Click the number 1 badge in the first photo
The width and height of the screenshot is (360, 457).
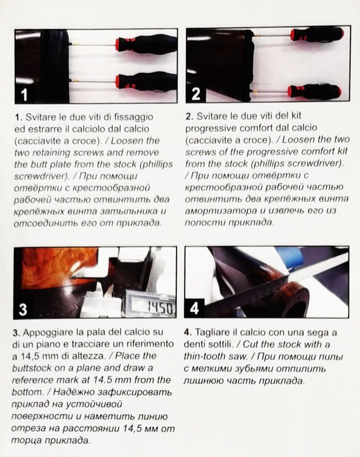pyautogui.click(x=24, y=95)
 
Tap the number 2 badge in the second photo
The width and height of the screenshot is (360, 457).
pyautogui.click(x=196, y=94)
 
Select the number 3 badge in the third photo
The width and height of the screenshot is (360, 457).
pyautogui.click(x=23, y=309)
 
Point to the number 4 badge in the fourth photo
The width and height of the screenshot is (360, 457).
pyautogui.click(x=194, y=308)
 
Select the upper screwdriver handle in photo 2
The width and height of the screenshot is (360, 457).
pyautogui.click(x=318, y=35)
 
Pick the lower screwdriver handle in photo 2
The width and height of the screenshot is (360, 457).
pyautogui.click(x=314, y=91)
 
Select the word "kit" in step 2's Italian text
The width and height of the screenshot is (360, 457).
pyautogui.click(x=295, y=116)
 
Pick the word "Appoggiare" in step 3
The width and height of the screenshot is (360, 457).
pyautogui.click(x=48, y=333)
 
